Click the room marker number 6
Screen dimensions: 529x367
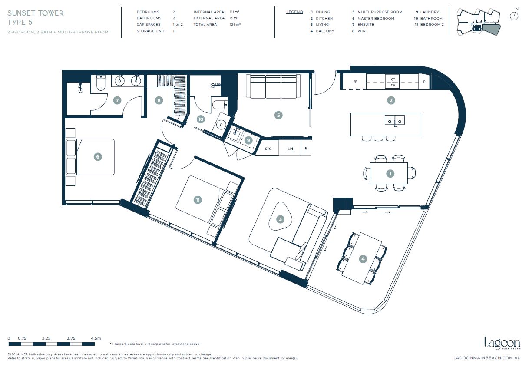[98, 157]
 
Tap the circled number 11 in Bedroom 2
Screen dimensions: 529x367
[198, 200]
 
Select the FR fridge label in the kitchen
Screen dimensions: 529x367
[355, 82]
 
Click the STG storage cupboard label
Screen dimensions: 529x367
[268, 149]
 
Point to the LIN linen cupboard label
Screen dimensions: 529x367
[290, 149]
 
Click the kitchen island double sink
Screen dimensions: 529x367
[395, 120]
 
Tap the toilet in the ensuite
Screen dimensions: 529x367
[101, 83]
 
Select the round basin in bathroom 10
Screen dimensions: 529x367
[221, 124]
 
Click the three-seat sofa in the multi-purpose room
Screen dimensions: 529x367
[273, 86]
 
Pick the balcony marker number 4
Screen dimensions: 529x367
[363, 259]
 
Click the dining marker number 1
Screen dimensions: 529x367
[390, 174]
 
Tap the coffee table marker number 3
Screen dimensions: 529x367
[280, 219]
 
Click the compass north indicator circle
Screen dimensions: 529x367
[514, 16]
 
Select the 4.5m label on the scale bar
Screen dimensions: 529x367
[96, 338]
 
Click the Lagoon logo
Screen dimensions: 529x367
[503, 343]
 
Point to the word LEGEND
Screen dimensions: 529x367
[294, 12]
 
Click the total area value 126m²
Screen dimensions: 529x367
[235, 24]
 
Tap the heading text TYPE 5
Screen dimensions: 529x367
[20, 22]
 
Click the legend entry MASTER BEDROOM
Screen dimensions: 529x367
[376, 18]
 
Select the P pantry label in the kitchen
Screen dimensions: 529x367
[424, 82]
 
